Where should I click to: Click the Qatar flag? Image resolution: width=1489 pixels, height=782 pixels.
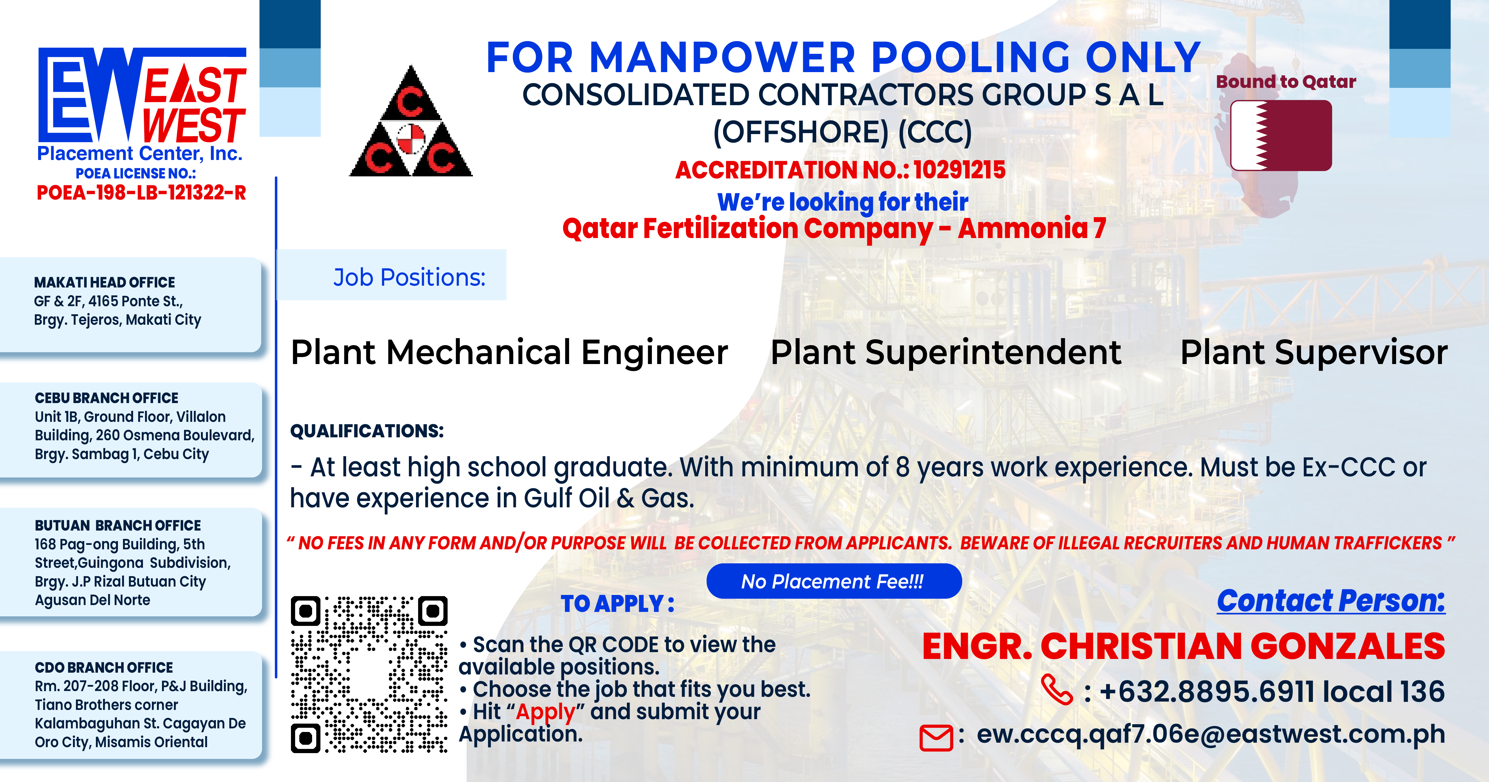[x=1281, y=135]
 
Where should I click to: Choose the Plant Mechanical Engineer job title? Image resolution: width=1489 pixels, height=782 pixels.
[x=509, y=353]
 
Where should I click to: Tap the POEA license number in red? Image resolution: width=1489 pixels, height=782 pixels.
[x=142, y=193]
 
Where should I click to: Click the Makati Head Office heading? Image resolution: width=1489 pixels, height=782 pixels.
[x=105, y=282]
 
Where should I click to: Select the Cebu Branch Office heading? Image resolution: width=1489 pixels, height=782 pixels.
[x=107, y=398]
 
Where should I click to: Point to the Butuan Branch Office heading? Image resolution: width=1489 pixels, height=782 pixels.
[x=118, y=525]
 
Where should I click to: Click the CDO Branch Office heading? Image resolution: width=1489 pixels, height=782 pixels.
[x=104, y=668]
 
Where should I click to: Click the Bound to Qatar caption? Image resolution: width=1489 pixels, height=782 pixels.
[x=1286, y=82]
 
